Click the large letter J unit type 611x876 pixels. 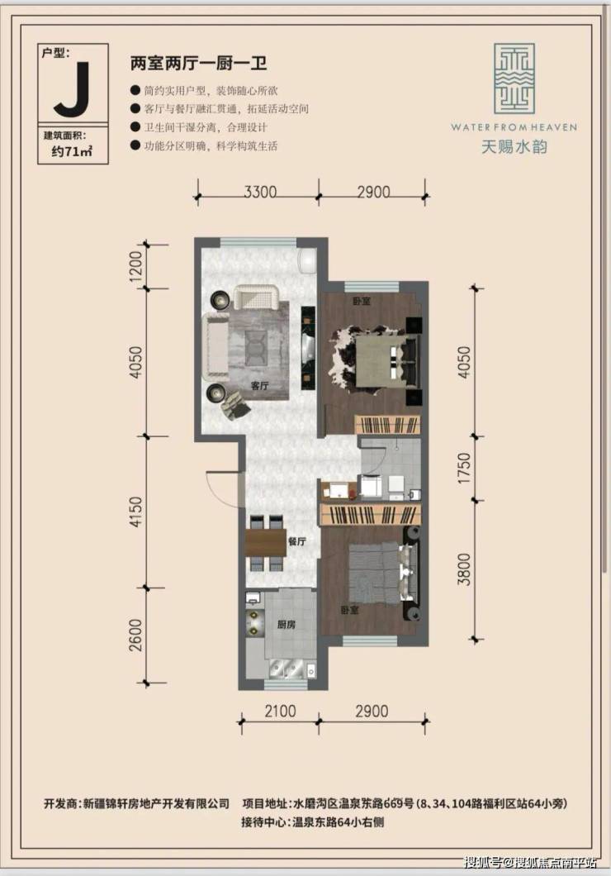click(x=73, y=90)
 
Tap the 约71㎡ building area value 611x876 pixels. click(x=72, y=151)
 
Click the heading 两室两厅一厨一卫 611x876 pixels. click(x=199, y=63)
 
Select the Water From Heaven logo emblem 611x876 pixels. click(x=514, y=79)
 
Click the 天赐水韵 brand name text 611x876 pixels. click(x=514, y=146)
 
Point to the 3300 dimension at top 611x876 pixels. click(x=260, y=192)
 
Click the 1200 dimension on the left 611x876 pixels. click(x=136, y=266)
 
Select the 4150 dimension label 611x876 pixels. click(x=136, y=512)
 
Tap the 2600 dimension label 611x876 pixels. click(x=136, y=636)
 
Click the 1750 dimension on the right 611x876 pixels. click(x=464, y=468)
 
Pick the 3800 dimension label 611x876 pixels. click(x=464, y=569)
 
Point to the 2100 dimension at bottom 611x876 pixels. click(x=280, y=712)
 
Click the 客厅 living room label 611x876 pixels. click(x=260, y=385)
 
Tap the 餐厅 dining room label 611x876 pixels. click(x=297, y=540)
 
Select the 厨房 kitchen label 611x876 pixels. click(x=287, y=625)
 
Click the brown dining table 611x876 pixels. click(x=266, y=542)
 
